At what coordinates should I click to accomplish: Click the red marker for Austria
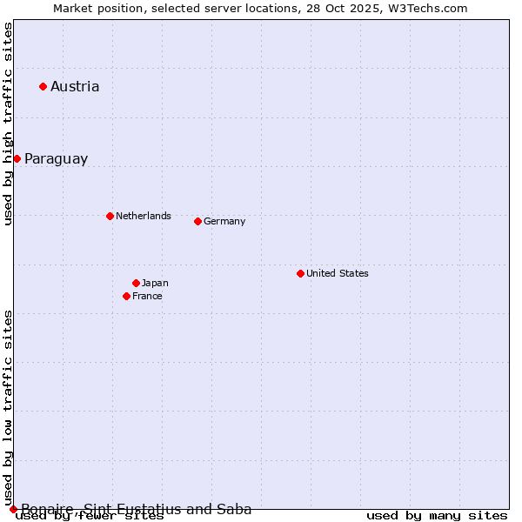(x=43, y=86)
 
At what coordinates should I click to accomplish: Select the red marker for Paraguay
(x=17, y=158)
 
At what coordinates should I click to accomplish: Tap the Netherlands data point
(x=110, y=216)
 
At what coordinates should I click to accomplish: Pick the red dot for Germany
(x=197, y=221)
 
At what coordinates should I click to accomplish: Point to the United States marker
(x=300, y=273)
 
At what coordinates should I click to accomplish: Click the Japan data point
(x=136, y=283)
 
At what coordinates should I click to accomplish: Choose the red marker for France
(x=126, y=296)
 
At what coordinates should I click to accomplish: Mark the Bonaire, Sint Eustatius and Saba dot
(x=13, y=509)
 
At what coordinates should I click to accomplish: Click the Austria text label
(x=75, y=86)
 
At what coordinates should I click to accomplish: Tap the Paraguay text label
(x=56, y=158)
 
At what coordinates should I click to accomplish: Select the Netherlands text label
(x=144, y=216)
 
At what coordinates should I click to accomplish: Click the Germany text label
(x=224, y=221)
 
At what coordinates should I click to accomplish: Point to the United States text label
(x=338, y=273)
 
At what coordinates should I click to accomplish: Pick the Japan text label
(x=155, y=283)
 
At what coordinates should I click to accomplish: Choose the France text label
(x=147, y=296)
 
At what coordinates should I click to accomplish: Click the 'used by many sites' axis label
(x=437, y=516)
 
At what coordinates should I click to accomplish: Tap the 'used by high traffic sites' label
(x=9, y=124)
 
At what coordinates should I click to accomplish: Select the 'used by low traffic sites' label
(x=9, y=407)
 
